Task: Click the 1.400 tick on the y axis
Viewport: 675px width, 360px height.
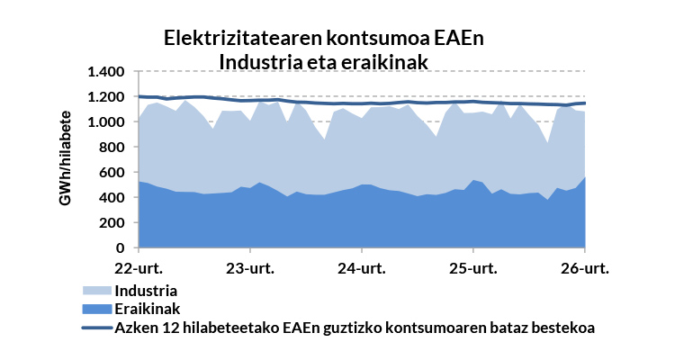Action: point(106,72)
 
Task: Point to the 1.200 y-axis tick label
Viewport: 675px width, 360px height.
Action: point(106,97)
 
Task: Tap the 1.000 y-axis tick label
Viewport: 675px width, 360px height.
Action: point(106,122)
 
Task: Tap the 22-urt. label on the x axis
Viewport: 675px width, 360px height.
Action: point(138,268)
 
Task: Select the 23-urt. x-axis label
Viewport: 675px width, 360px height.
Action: point(249,268)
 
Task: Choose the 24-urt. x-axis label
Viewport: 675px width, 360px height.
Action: point(361,268)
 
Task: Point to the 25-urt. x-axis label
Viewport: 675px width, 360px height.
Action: point(472,268)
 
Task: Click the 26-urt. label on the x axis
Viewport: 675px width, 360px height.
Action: point(585,268)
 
